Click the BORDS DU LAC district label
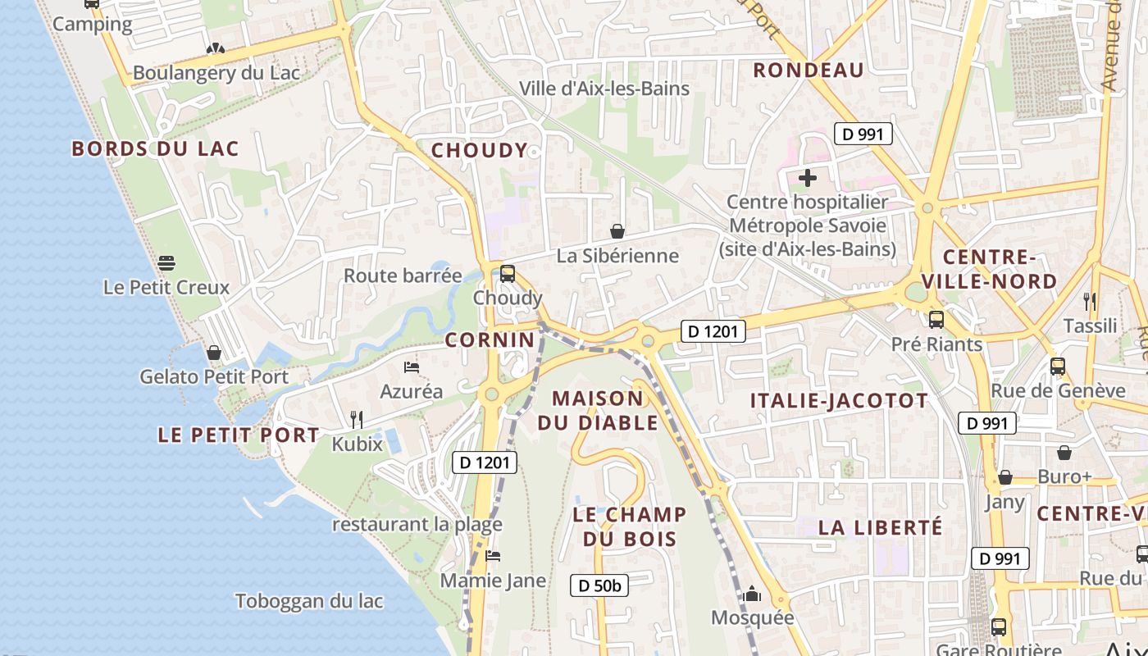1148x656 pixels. [155, 148]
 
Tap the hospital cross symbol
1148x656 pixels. [808, 177]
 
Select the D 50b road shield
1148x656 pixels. [599, 585]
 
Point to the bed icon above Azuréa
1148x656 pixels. [412, 367]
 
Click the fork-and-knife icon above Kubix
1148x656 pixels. [357, 420]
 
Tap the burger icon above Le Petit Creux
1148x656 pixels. [166, 263]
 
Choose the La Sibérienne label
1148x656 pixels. [617, 256]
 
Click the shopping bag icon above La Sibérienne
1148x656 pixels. [617, 232]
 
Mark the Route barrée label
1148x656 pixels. [403, 276]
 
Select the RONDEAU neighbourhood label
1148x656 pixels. [809, 71]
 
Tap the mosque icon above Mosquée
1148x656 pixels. [752, 594]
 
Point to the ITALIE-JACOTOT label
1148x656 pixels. [840, 401]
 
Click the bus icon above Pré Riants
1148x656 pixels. [936, 320]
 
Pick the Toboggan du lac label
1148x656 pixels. [309, 601]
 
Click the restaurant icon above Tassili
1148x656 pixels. [1090, 302]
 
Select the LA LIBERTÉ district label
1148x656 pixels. [881, 527]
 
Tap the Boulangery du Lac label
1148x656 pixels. [216, 73]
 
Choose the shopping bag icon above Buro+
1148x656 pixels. [1064, 453]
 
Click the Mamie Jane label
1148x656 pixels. [493, 581]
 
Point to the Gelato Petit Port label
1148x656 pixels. [214, 377]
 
